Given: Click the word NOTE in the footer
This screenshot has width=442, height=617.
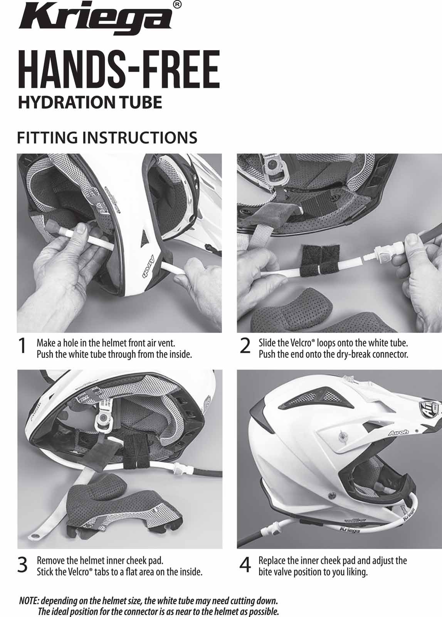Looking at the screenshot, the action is (29, 592).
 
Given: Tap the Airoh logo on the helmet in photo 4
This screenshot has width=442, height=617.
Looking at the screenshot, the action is (398, 433).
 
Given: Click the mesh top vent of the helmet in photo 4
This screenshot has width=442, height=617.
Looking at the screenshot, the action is (316, 397).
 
